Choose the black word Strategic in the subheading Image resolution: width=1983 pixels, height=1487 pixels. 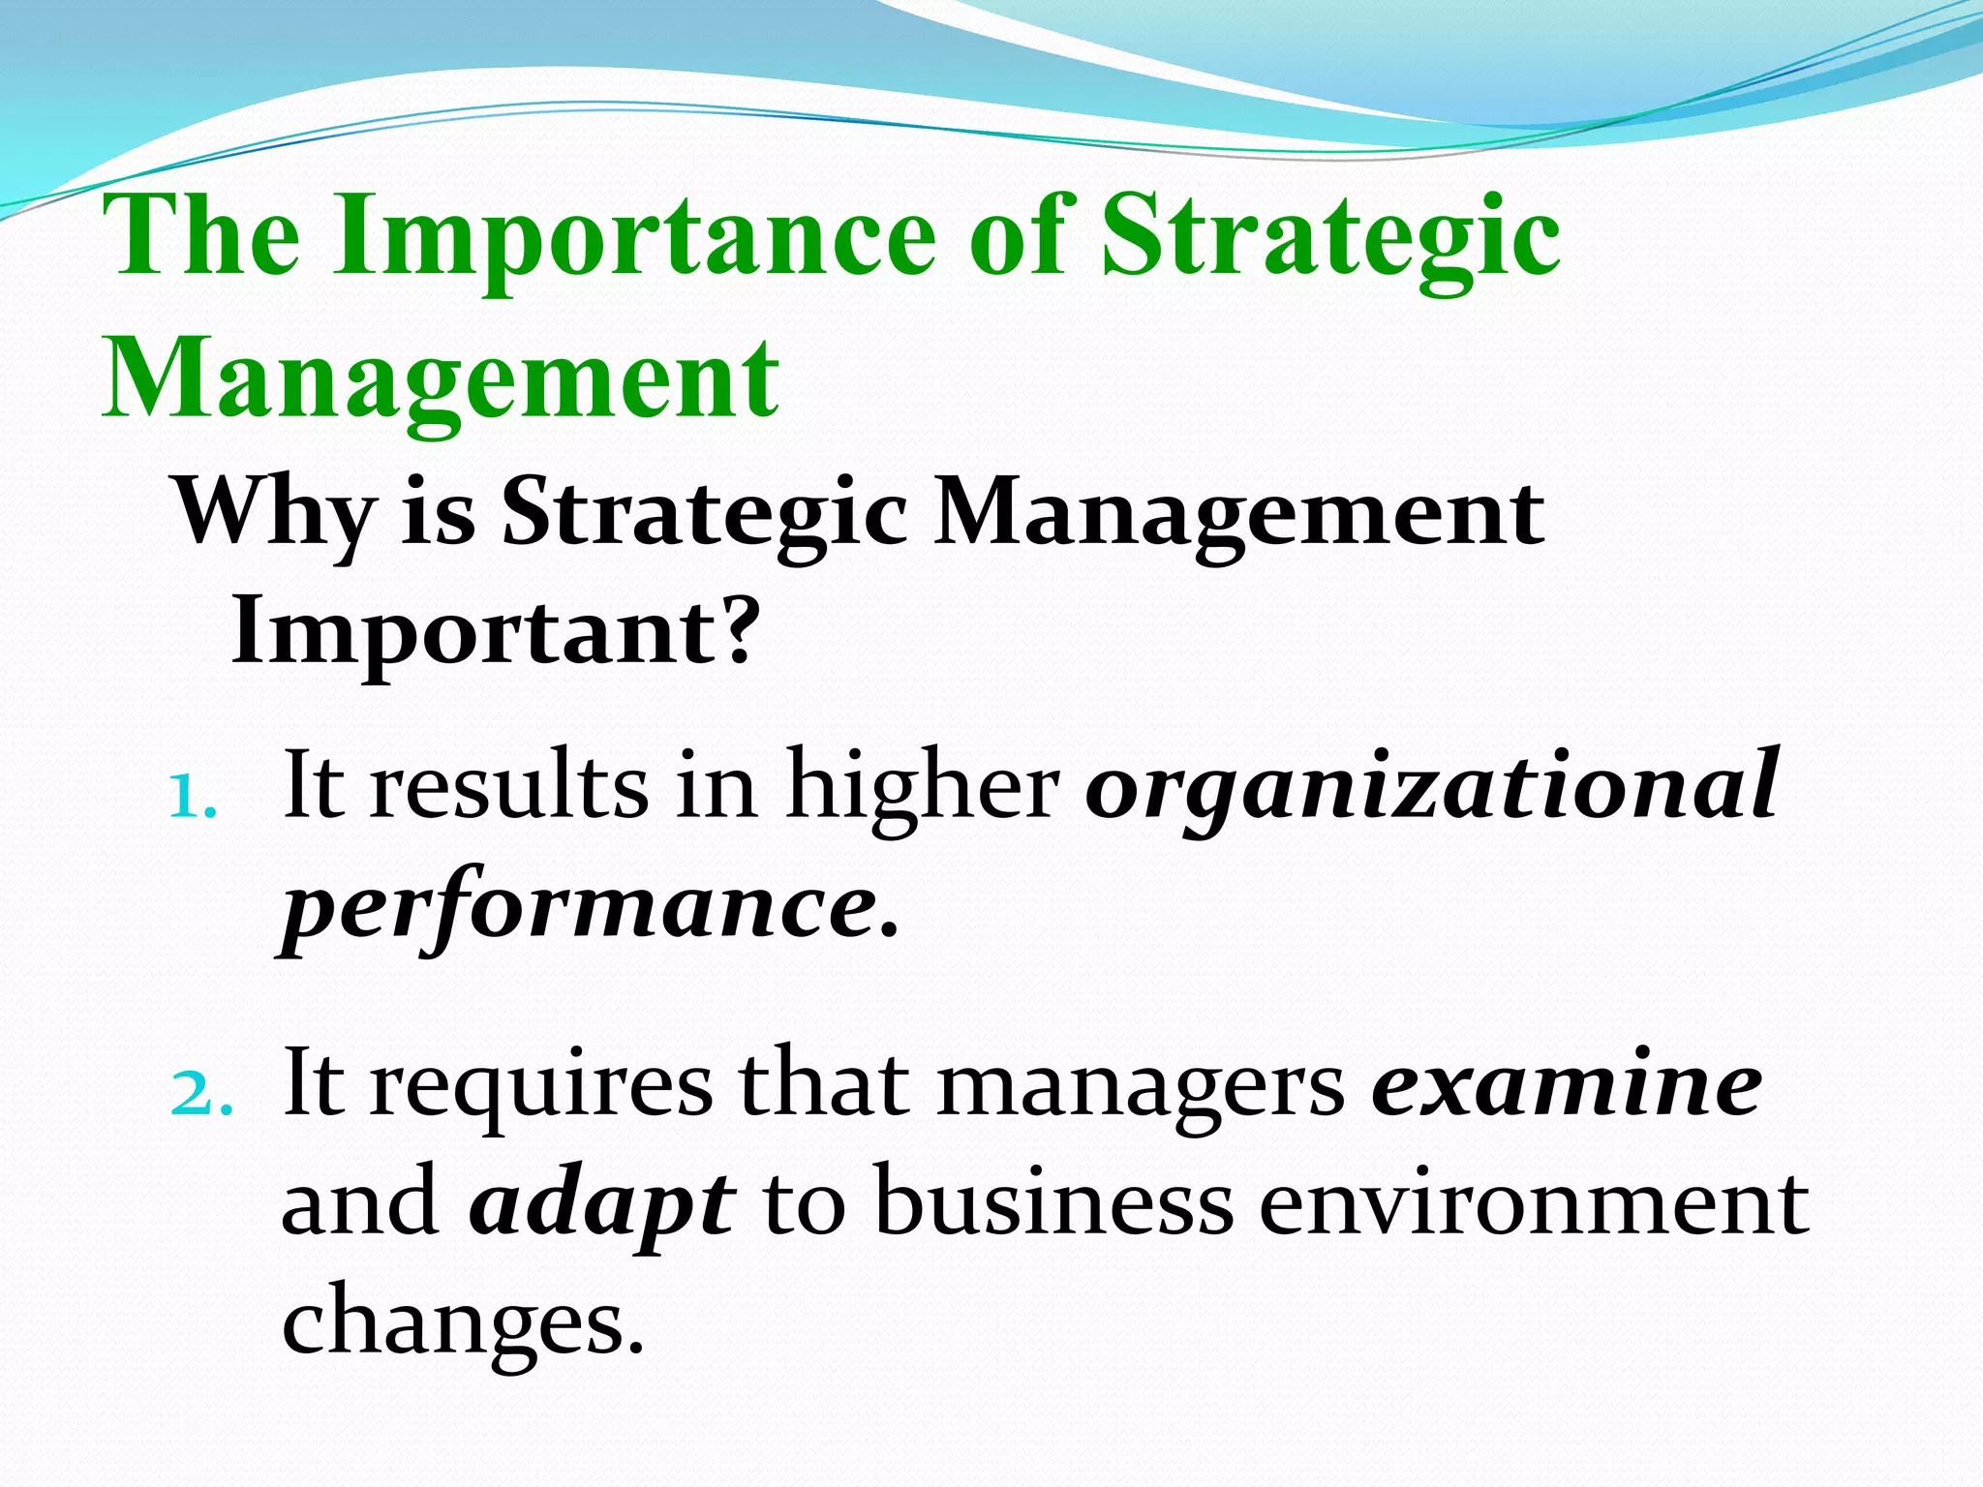(x=704, y=513)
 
